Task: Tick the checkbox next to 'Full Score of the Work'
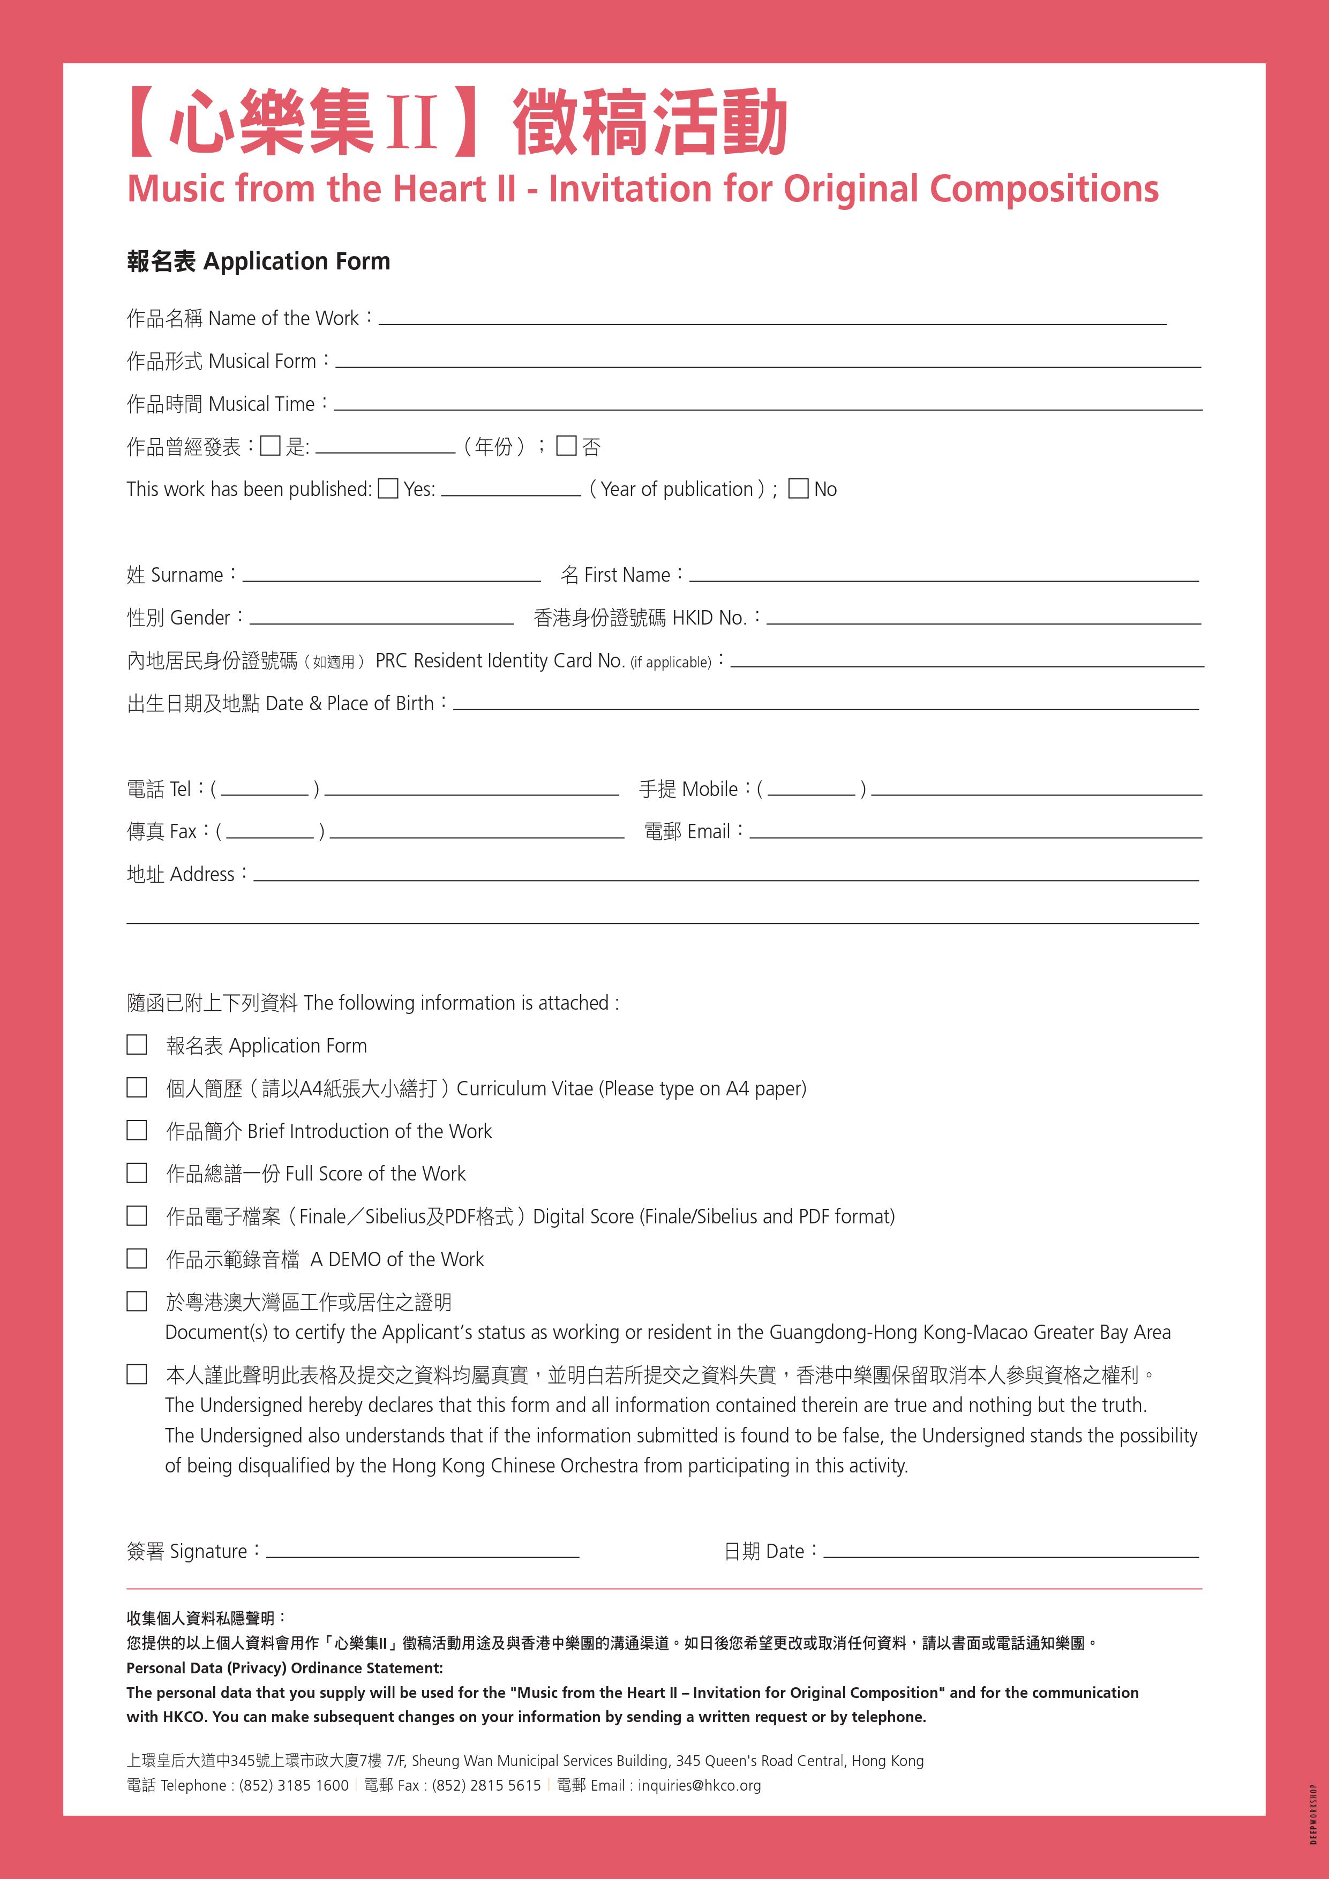pyautogui.click(x=137, y=1173)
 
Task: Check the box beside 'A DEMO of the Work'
pyautogui.click(x=137, y=1258)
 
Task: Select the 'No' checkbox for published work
pyautogui.click(x=798, y=488)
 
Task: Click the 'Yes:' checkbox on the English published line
pyautogui.click(x=389, y=488)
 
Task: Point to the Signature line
pyautogui.click(x=422, y=1552)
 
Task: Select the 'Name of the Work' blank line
pyautogui.click(x=772, y=320)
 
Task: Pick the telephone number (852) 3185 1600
pyautogui.click(x=294, y=1785)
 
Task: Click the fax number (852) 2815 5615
pyautogui.click(x=486, y=1785)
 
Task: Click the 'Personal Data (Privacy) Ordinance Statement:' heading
pyautogui.click(x=284, y=1668)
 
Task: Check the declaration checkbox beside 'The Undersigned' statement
pyautogui.click(x=137, y=1374)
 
